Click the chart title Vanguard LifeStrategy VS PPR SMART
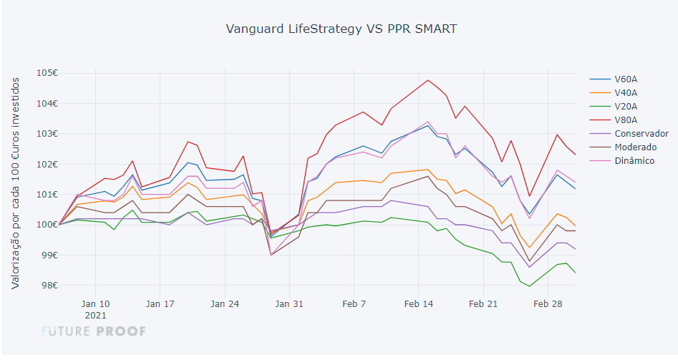tap(341, 29)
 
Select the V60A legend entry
tap(625, 79)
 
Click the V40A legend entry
tap(625, 92)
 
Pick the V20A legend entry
tap(625, 106)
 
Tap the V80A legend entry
tap(625, 120)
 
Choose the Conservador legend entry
tap(641, 133)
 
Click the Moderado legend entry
tap(636, 147)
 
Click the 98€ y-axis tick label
tap(47, 286)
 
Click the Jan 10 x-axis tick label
tap(95, 303)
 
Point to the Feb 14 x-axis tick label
tap(419, 303)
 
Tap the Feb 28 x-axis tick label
tap(548, 303)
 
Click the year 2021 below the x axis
tap(95, 315)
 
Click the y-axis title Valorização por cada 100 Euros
tap(16, 183)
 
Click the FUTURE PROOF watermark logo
tap(93, 331)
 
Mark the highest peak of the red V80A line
tap(427, 80)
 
